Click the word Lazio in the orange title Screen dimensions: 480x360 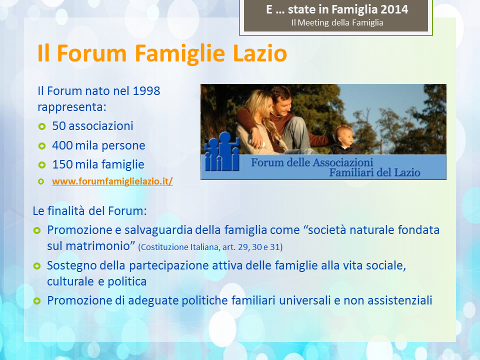click(260, 53)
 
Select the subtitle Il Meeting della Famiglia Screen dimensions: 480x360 click(337, 22)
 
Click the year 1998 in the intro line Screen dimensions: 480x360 click(146, 91)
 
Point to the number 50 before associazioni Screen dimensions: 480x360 click(59, 126)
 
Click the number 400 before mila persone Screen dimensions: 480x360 click(62, 145)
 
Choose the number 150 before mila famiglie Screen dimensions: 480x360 click(62, 164)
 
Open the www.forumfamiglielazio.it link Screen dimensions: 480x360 click(112, 181)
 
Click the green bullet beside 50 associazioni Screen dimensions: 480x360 click(41, 126)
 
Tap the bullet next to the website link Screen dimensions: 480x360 click(41, 181)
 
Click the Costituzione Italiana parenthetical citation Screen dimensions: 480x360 click(210, 247)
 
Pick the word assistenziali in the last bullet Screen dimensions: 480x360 click(400, 300)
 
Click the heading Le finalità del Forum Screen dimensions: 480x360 click(89, 211)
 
